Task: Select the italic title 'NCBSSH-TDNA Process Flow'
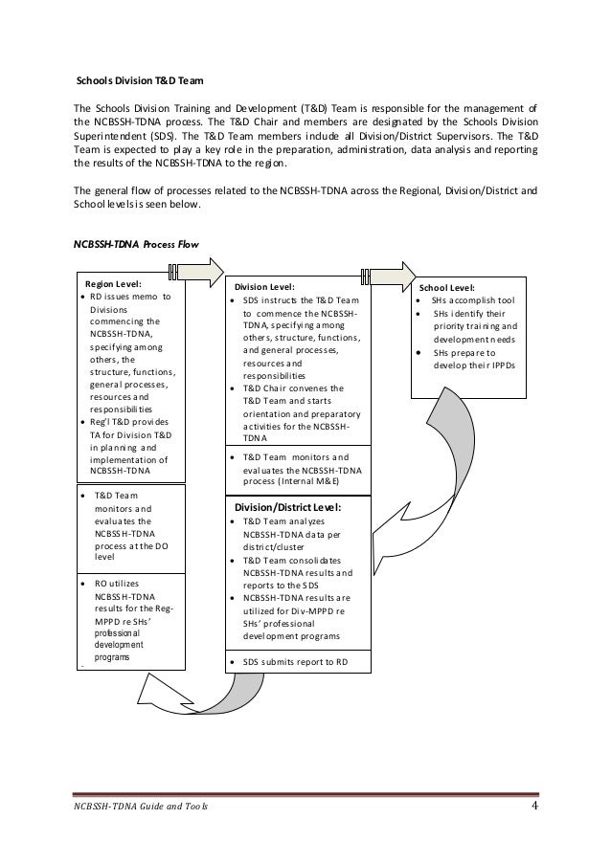(x=135, y=244)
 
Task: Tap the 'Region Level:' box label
(x=114, y=284)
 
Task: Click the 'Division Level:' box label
(x=265, y=285)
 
